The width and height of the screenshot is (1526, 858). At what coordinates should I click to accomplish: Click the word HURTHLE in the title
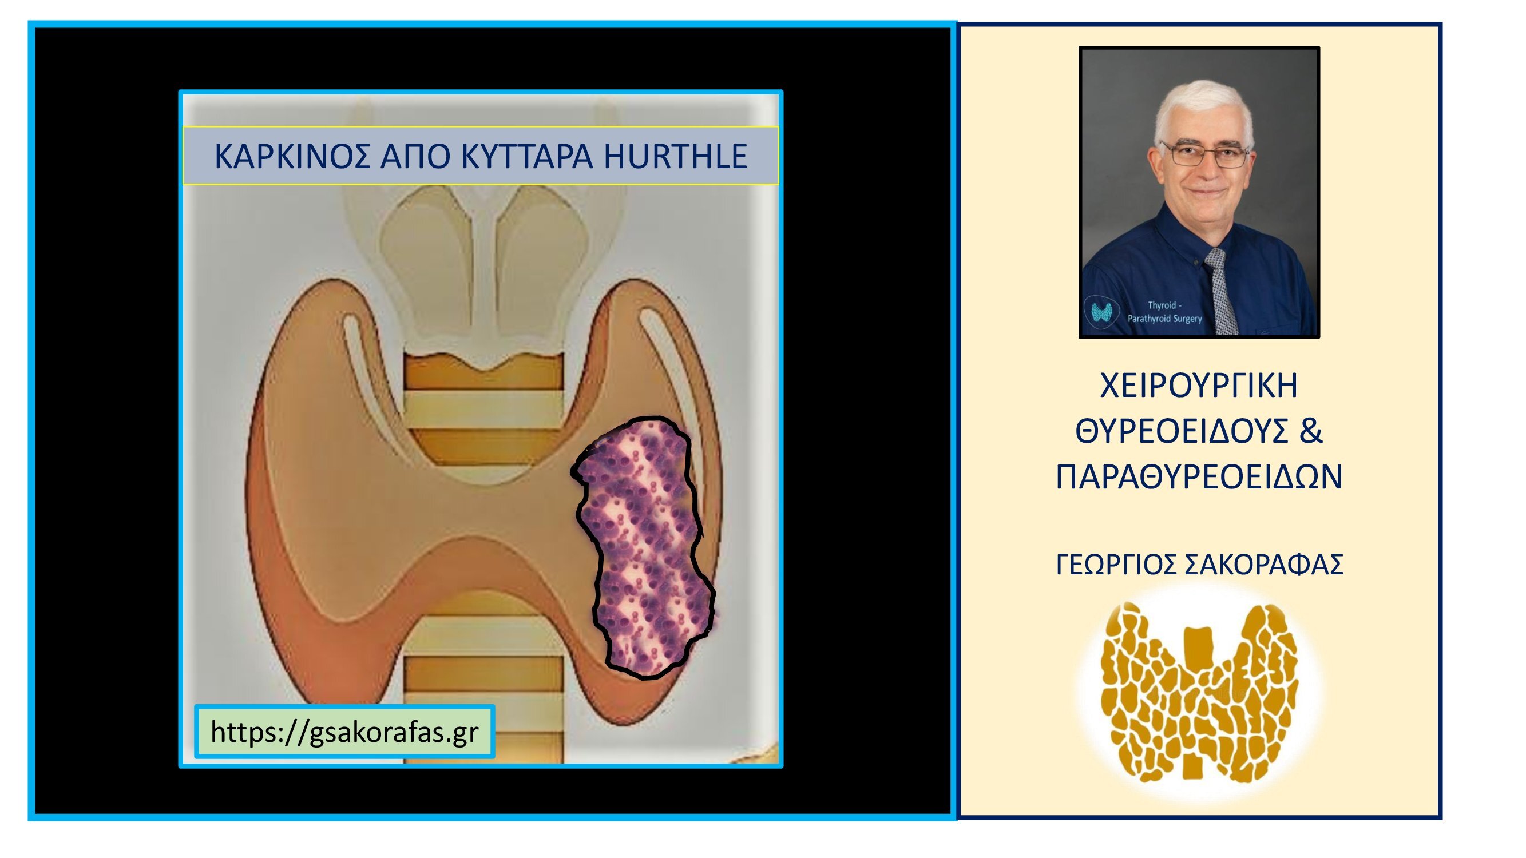pyautogui.click(x=675, y=156)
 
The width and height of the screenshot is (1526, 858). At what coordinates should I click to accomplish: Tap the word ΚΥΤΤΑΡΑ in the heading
pyautogui.click(x=526, y=156)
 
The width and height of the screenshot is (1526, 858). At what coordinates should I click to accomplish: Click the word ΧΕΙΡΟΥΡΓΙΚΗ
pyautogui.click(x=1199, y=386)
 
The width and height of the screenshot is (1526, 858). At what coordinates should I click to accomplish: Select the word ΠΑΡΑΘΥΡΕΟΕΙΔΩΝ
pyautogui.click(x=1199, y=476)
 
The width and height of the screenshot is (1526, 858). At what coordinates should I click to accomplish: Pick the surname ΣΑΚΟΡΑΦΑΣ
pyautogui.click(x=1263, y=565)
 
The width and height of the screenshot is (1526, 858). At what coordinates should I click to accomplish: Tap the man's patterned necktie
pyautogui.click(x=1222, y=290)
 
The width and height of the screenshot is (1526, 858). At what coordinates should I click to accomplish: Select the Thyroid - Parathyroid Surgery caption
pyautogui.click(x=1164, y=312)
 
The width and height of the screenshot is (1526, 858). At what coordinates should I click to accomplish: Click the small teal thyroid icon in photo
pyautogui.click(x=1102, y=312)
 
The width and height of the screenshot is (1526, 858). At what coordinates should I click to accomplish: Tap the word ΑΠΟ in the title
pyautogui.click(x=416, y=156)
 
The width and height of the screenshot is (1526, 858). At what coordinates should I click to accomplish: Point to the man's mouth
pyautogui.click(x=1206, y=192)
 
